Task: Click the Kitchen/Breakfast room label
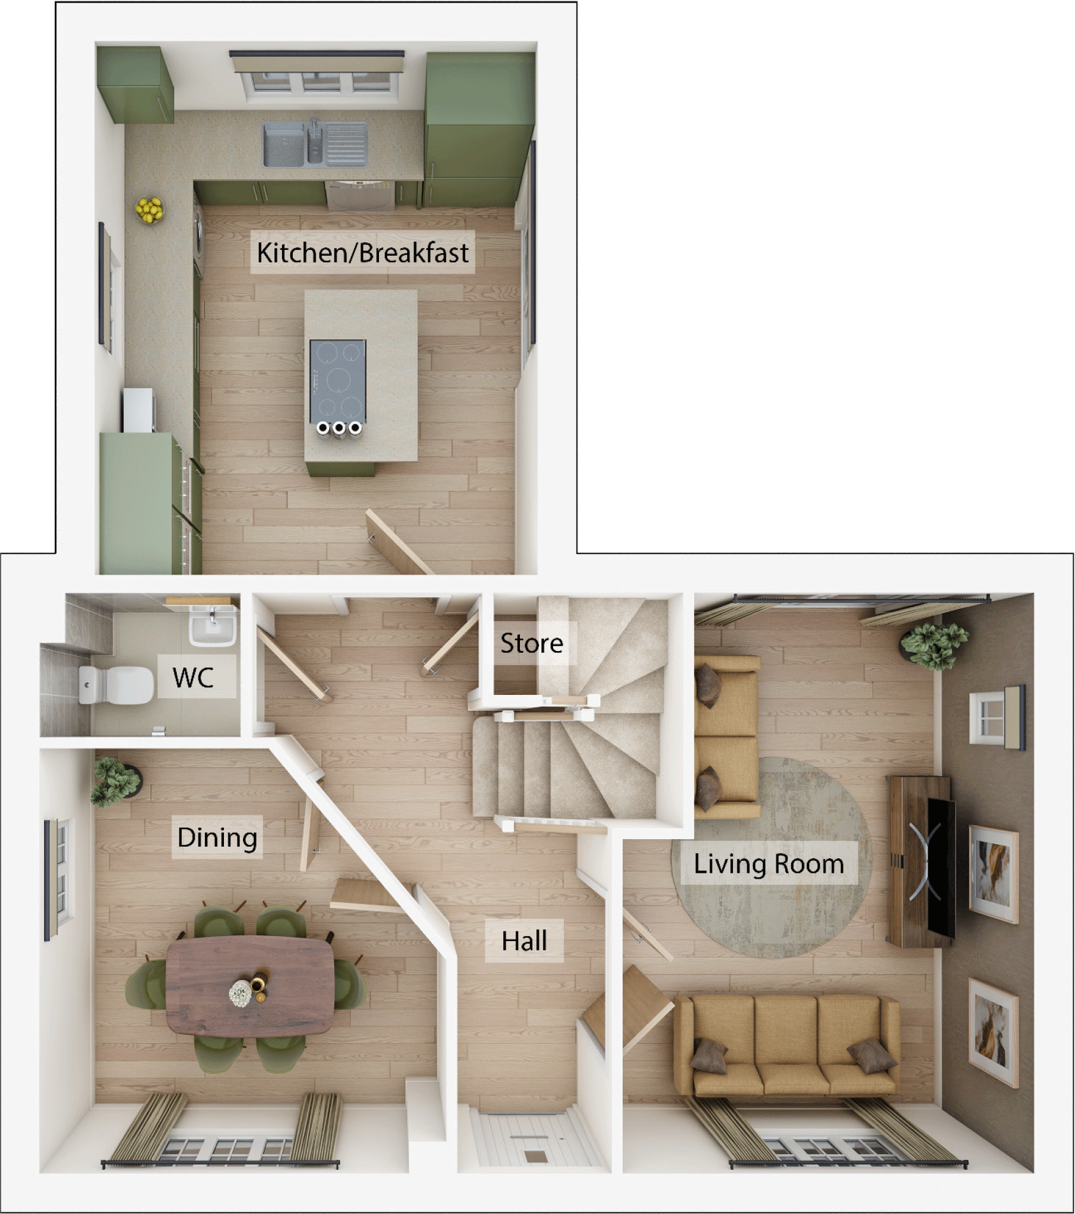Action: click(x=362, y=252)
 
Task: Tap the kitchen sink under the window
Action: click(x=315, y=145)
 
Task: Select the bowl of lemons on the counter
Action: click(x=149, y=210)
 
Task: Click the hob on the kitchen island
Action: click(x=337, y=381)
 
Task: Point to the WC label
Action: click(x=193, y=677)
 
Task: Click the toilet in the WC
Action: click(x=115, y=685)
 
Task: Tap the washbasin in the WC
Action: click(x=212, y=626)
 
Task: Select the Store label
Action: click(x=531, y=643)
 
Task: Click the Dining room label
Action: click(x=217, y=837)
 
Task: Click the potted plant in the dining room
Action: click(x=115, y=780)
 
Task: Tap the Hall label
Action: click(x=524, y=941)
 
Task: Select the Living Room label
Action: click(x=769, y=864)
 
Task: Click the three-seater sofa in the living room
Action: click(x=787, y=1046)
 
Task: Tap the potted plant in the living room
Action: click(x=933, y=644)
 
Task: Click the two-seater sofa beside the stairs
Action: click(x=727, y=736)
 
